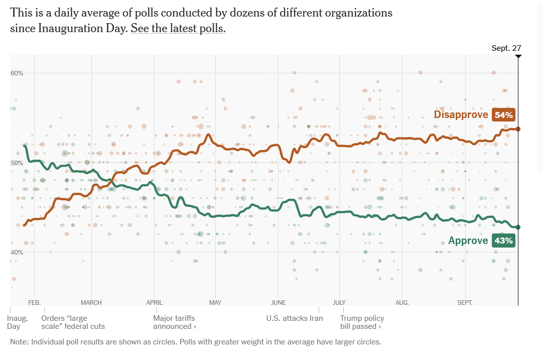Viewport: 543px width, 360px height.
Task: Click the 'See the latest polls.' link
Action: click(178, 29)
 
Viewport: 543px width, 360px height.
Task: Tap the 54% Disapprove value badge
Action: click(504, 115)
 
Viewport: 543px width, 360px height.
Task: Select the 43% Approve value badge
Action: click(504, 241)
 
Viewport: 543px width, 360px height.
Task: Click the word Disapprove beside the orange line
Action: click(461, 115)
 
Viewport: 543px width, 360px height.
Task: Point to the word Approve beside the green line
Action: click(468, 241)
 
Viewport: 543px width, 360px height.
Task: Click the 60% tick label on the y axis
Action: click(17, 73)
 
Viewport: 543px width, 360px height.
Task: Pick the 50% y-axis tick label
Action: click(17, 163)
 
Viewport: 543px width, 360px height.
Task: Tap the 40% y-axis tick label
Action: click(17, 252)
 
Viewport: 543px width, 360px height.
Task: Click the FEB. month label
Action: click(34, 303)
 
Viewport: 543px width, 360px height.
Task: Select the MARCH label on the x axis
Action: click(91, 303)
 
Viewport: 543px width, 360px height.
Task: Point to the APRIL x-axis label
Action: click(154, 303)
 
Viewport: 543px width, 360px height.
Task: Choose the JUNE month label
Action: click(278, 303)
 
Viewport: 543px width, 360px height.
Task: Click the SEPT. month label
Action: click(465, 303)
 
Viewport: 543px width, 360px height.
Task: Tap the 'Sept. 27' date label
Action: click(506, 48)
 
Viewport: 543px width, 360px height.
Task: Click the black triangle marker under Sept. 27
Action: click(518, 56)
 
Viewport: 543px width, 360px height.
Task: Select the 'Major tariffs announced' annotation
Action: click(175, 322)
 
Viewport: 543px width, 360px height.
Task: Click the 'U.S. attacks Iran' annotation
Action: click(295, 318)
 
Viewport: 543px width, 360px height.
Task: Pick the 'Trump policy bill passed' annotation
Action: click(362, 322)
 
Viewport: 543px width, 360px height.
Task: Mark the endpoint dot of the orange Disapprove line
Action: click(518, 129)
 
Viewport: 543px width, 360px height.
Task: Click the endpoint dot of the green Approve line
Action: click(518, 227)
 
